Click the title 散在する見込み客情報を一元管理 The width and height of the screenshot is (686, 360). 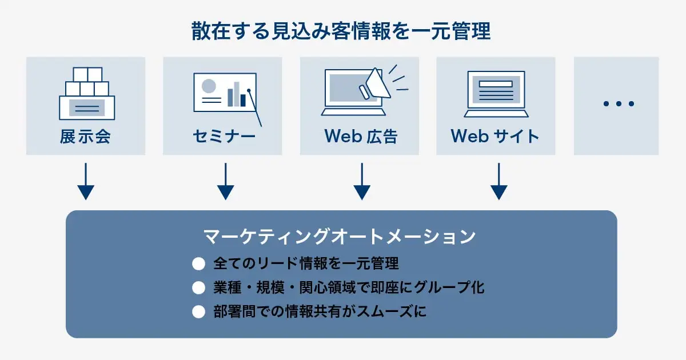(341, 31)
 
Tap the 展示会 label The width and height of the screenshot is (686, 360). (85, 137)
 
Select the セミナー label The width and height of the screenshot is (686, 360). (224, 137)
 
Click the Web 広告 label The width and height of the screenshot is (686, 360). (361, 137)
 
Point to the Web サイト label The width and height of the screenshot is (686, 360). (495, 137)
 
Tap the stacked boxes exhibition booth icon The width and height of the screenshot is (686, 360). (87, 94)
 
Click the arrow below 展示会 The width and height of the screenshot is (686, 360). (85, 182)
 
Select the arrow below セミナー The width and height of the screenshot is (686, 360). (226, 182)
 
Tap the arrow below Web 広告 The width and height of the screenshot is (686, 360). (361, 182)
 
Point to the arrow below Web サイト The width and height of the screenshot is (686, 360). (499, 182)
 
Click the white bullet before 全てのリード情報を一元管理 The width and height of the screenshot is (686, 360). (198, 264)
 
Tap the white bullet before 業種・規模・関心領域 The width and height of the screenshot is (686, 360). (198, 288)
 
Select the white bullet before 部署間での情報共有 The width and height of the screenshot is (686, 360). (198, 312)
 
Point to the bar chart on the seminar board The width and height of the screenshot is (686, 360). (236, 95)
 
